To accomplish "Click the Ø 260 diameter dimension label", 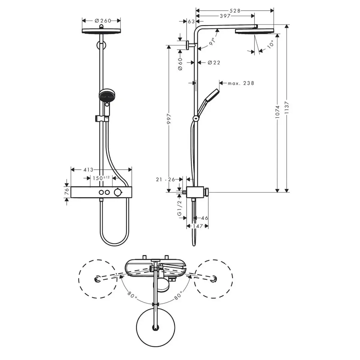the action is click(x=103, y=21).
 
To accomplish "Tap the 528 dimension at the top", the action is click(x=235, y=11).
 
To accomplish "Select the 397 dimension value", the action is click(x=225, y=16).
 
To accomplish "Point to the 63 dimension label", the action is click(x=191, y=22).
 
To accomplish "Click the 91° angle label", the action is click(x=212, y=42).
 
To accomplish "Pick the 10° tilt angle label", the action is click(x=270, y=44).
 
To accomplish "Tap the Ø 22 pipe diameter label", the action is click(x=214, y=63).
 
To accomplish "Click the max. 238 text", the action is click(x=241, y=83).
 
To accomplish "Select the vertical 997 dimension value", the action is click(x=169, y=119).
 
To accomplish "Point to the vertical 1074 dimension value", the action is click(x=277, y=112).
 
